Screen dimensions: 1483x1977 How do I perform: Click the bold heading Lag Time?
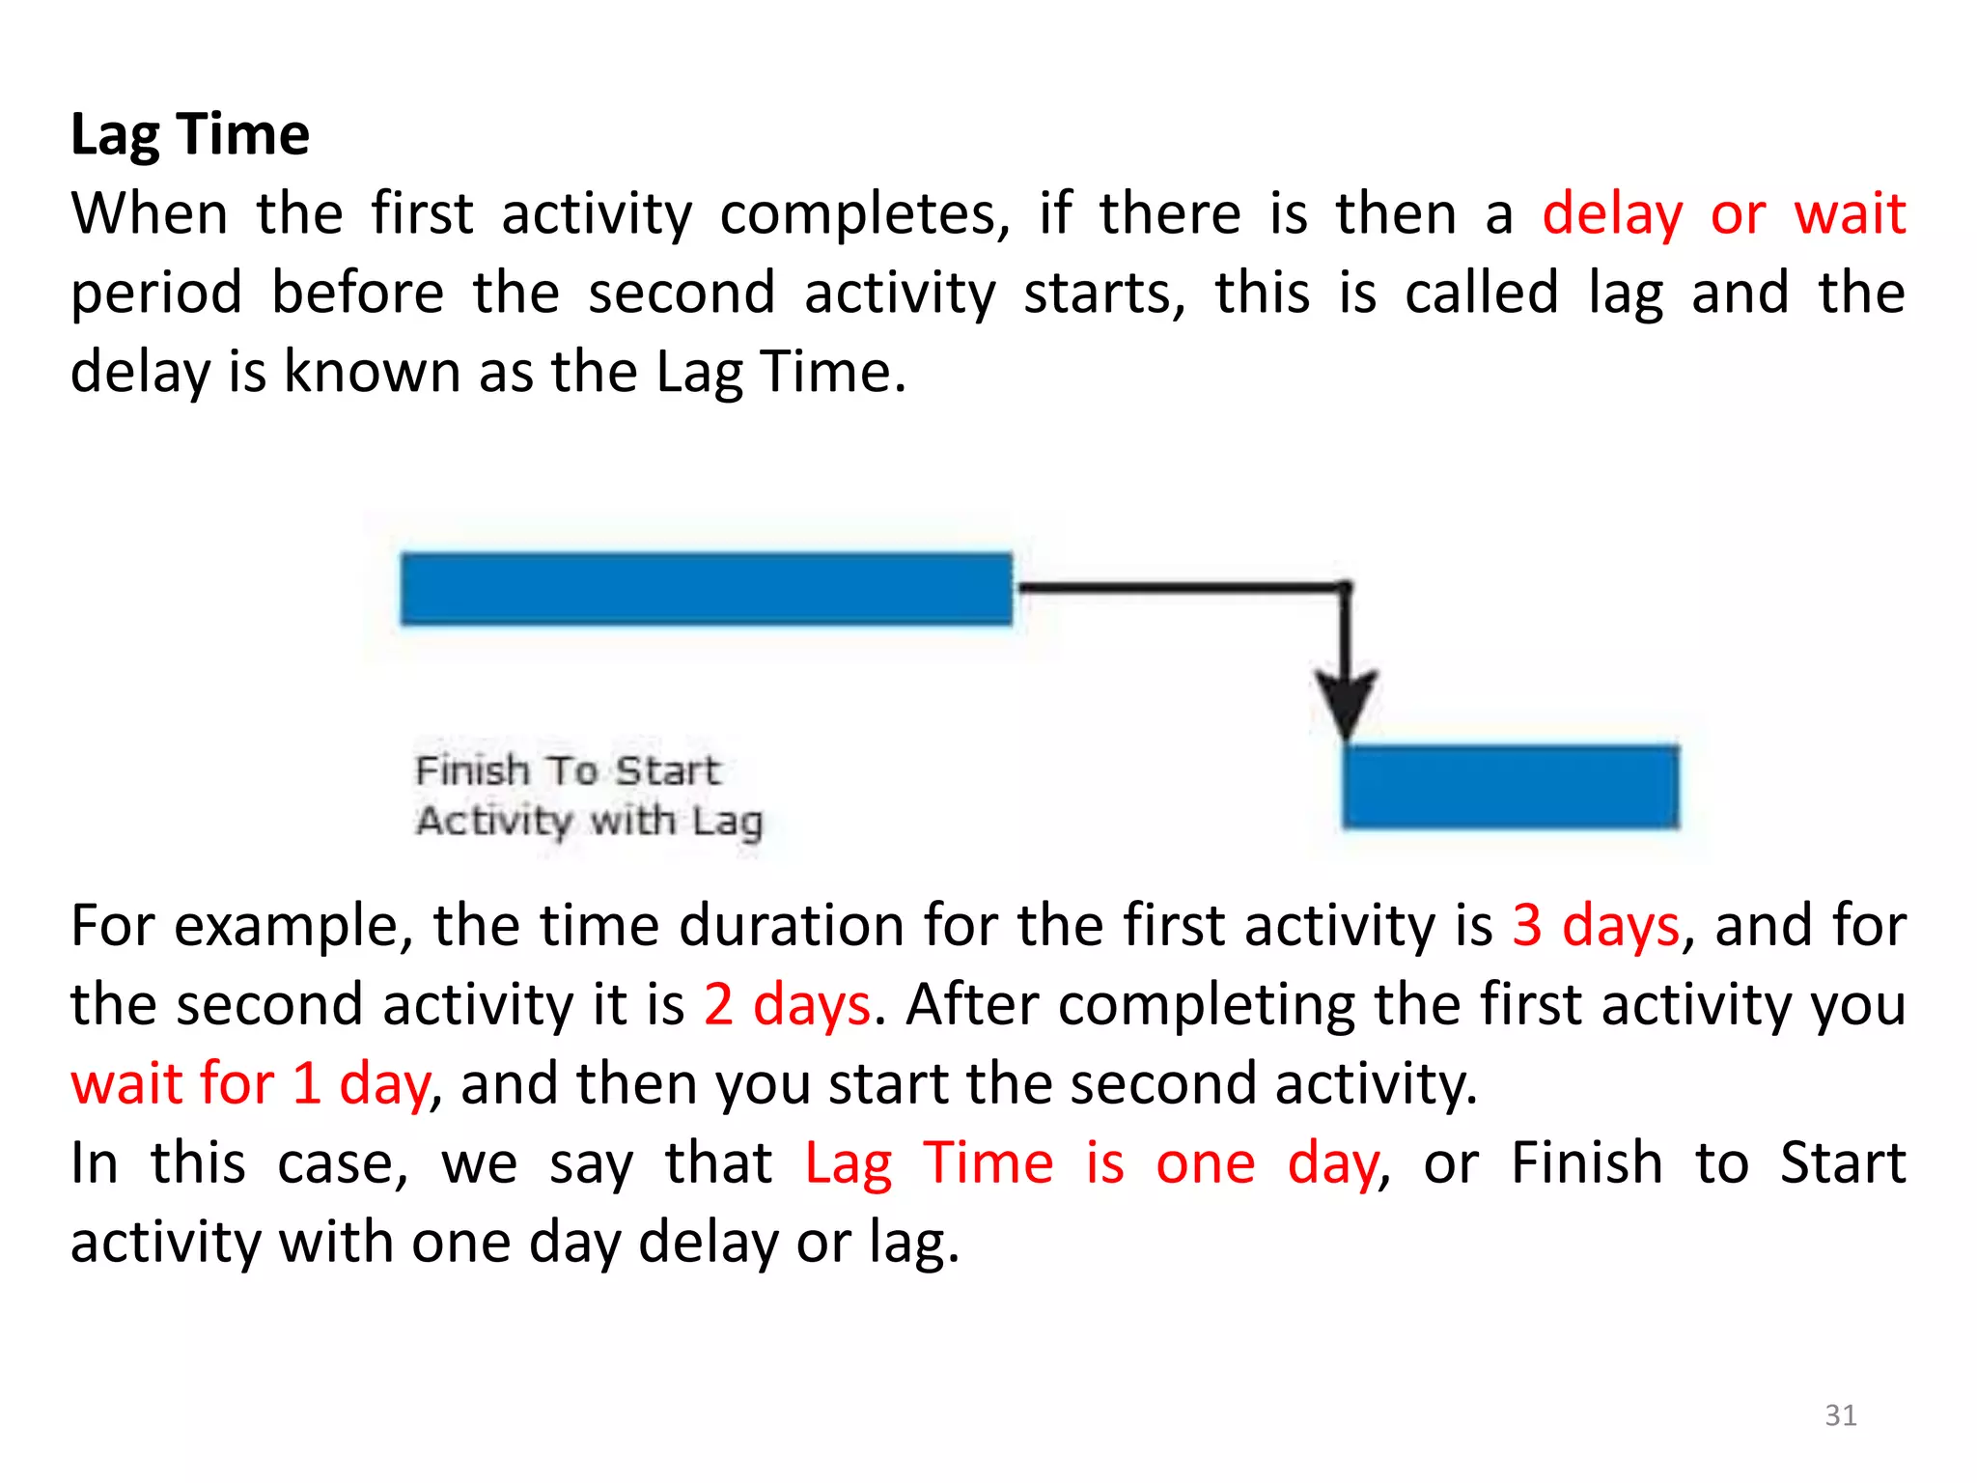(190, 134)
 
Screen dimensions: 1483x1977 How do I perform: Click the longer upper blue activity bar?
(706, 589)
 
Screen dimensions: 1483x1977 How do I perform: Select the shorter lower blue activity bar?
(1511, 786)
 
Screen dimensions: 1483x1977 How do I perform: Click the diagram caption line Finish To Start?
(568, 770)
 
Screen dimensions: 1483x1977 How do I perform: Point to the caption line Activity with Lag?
(589, 822)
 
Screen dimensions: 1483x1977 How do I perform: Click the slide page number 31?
(1840, 1415)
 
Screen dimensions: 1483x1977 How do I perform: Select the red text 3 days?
(1595, 925)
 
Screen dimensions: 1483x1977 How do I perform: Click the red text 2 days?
(787, 1004)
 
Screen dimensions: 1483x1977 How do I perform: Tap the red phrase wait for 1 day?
(250, 1083)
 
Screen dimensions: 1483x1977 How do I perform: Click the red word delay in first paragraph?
(1611, 213)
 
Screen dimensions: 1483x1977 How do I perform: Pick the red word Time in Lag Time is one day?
(988, 1162)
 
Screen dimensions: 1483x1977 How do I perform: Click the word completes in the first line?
(864, 213)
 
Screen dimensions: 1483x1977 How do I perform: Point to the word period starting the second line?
(156, 294)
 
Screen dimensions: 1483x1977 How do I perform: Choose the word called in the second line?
(1481, 293)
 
